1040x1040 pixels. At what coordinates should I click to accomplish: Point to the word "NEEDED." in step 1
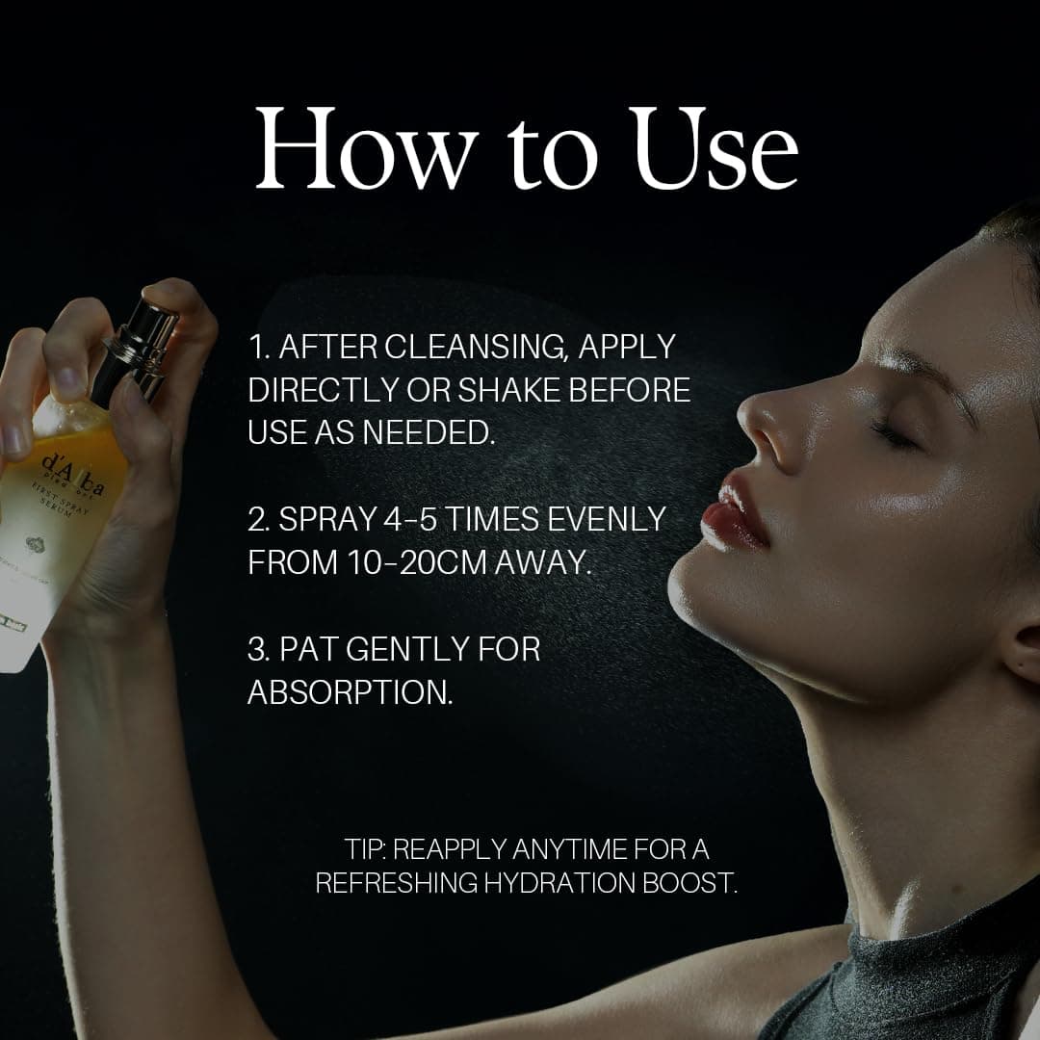(429, 432)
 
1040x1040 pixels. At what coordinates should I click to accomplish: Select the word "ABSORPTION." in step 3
(351, 692)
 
